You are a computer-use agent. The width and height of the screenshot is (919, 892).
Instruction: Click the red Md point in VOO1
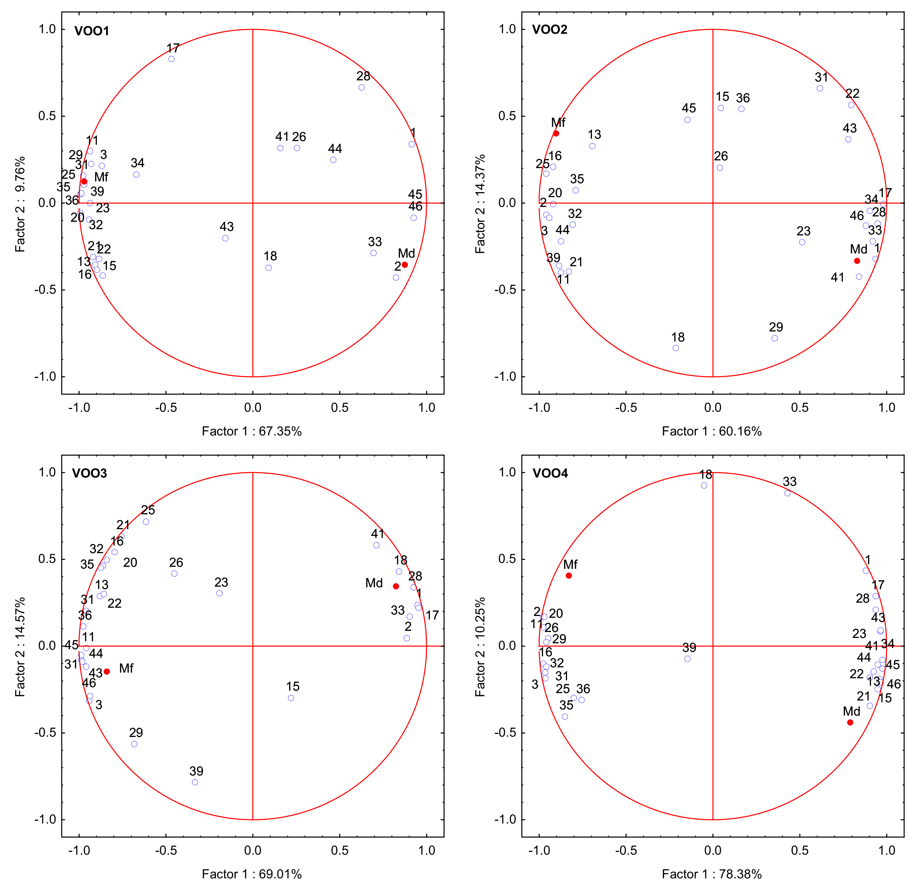(405, 265)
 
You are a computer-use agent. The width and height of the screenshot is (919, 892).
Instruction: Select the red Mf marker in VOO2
(556, 133)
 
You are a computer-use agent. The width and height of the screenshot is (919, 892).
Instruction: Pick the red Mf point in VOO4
(569, 576)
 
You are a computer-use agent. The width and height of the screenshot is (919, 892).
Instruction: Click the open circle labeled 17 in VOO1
(172, 59)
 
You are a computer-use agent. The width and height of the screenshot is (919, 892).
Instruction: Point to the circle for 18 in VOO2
(676, 348)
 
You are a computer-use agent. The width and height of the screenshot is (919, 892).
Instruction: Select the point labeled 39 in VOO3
(195, 782)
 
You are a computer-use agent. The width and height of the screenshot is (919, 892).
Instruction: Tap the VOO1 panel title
(92, 31)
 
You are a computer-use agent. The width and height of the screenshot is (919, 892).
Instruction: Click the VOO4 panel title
(550, 473)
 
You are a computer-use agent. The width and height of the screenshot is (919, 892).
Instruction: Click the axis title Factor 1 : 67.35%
(252, 431)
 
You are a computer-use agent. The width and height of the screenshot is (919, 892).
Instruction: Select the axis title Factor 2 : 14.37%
(480, 204)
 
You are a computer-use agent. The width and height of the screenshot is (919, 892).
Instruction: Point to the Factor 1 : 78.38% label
(712, 874)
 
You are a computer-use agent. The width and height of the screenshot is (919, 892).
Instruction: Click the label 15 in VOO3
(293, 687)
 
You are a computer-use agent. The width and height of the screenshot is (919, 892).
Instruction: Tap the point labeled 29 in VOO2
(775, 338)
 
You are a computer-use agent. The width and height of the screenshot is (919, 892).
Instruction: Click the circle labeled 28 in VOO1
(361, 87)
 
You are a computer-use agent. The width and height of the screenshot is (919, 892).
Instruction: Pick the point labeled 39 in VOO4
(687, 659)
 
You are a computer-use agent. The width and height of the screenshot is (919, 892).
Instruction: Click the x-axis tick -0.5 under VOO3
(166, 850)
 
